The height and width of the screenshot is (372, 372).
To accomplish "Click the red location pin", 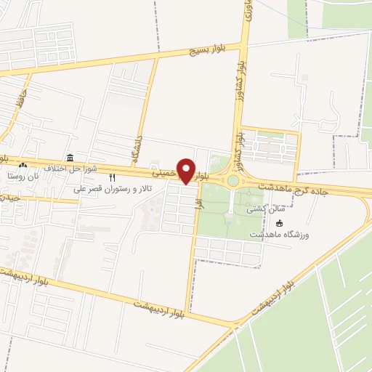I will pos(187,171).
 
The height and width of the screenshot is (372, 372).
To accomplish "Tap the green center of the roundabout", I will pos(232,180).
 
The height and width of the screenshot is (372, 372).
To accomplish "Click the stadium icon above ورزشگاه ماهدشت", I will pos(280,223).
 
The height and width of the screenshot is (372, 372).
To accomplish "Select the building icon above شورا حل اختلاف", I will pos(70,158).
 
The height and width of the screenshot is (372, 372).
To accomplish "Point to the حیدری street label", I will pos(9,198).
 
